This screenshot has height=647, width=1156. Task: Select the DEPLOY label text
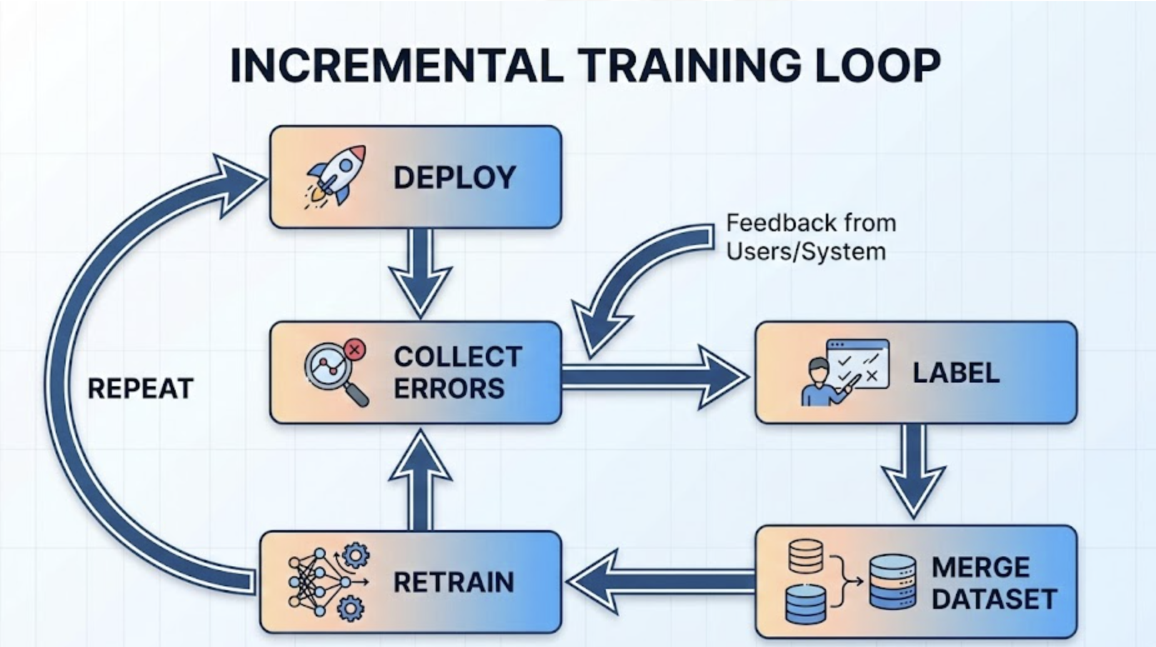point(455,178)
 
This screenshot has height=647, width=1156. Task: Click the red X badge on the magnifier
point(355,349)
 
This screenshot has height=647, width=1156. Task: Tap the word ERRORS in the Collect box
point(448,389)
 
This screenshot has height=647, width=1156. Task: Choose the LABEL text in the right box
point(956,373)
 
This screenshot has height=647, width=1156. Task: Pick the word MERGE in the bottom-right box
point(980,568)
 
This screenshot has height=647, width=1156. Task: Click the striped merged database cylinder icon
point(893,582)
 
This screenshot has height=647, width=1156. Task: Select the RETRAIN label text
point(453,583)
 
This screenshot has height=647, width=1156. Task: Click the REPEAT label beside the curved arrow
point(140,389)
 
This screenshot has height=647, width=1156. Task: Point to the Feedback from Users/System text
point(810,238)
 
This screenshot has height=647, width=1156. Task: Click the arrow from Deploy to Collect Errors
point(420,271)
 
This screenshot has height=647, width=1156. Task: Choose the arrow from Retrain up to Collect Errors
point(420,481)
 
